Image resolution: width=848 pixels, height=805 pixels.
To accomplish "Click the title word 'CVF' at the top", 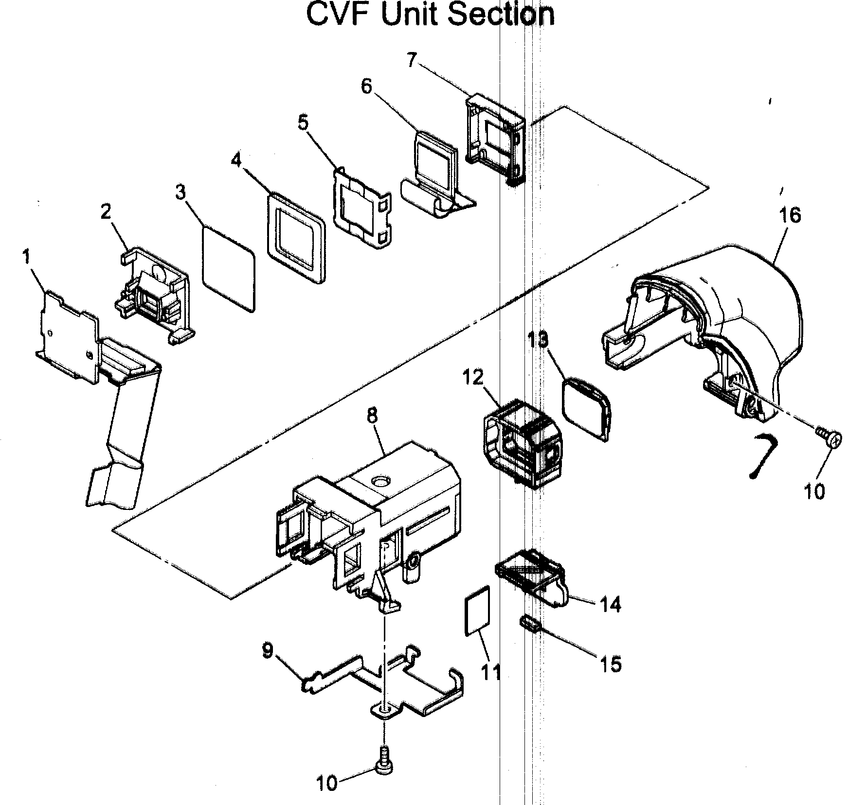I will [x=340, y=15].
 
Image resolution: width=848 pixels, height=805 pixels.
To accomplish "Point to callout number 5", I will [x=303, y=123].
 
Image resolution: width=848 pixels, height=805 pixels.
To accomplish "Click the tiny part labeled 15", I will [x=530, y=623].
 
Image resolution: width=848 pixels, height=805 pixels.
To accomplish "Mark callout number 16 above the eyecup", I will [x=790, y=214].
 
